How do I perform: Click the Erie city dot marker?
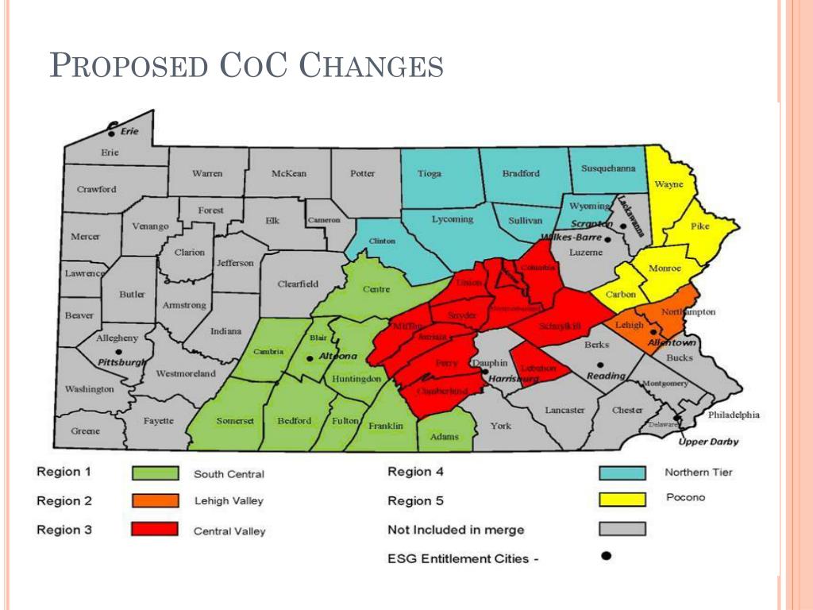click(113, 132)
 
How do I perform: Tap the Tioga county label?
click(430, 174)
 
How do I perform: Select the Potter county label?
click(363, 173)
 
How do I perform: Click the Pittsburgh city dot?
click(118, 352)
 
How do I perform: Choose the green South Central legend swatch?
click(155, 473)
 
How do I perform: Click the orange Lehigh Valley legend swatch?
click(155, 501)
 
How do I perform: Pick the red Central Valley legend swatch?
click(155, 530)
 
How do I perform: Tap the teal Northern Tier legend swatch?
click(622, 473)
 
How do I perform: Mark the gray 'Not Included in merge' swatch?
click(622, 529)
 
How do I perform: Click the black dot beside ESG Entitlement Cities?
click(606, 556)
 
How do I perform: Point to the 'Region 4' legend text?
click(414, 472)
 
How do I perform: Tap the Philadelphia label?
click(734, 415)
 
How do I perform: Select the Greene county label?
click(86, 431)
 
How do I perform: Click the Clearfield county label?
click(298, 284)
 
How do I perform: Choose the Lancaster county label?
click(564, 410)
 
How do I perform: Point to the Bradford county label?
click(521, 173)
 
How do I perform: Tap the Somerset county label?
click(235, 421)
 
